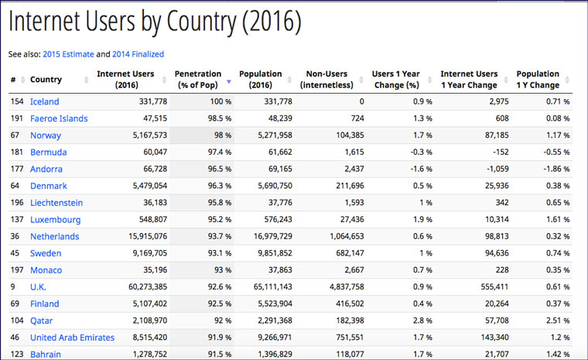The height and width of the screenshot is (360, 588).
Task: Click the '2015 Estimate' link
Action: coord(68,54)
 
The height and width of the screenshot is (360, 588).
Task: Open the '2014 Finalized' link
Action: coord(138,54)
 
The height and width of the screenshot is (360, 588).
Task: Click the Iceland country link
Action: coord(44,101)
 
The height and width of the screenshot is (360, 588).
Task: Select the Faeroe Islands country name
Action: coord(59,118)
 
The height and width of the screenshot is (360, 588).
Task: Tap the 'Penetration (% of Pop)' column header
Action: coord(198,79)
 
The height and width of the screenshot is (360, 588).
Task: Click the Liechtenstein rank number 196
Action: coord(16,203)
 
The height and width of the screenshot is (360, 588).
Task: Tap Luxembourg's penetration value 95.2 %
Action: coord(218,220)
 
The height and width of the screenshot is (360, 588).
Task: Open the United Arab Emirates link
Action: coord(72,338)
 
